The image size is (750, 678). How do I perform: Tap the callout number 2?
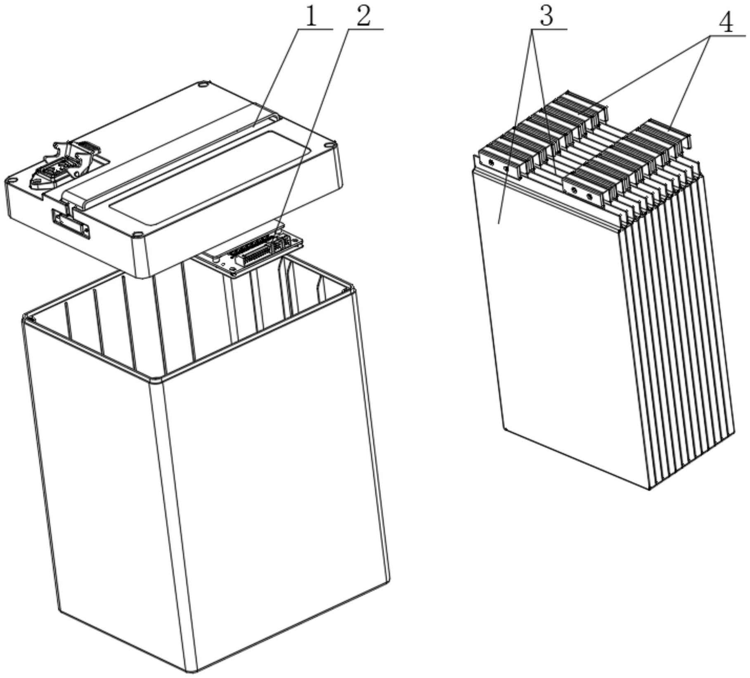coord(363,17)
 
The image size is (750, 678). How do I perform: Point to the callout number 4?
coord(726,23)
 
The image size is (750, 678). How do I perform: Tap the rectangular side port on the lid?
coord(71,223)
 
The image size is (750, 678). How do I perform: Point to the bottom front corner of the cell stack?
coord(650,489)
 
